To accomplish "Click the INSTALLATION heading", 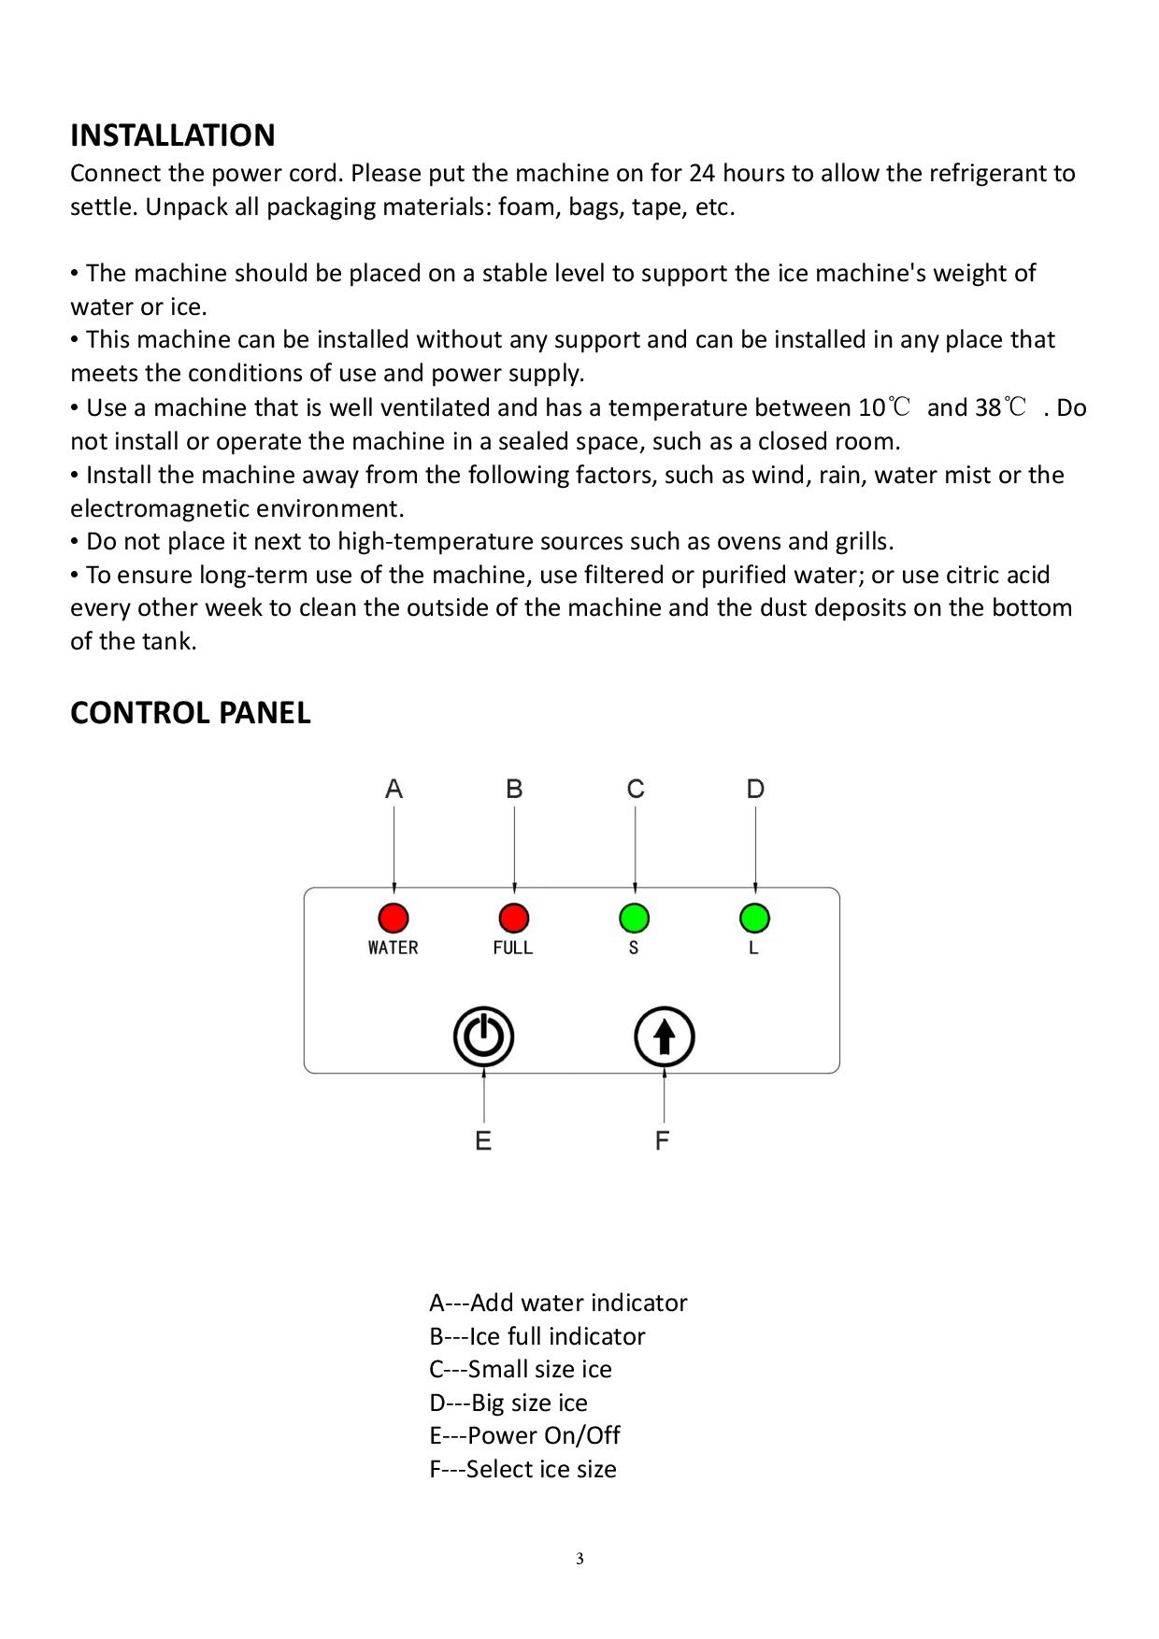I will click(173, 135).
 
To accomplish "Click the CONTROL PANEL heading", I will click(191, 713).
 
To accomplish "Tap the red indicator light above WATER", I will click(393, 919).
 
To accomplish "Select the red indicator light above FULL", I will click(514, 919).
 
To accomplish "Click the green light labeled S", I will click(634, 919).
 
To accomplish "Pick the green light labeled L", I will click(754, 919).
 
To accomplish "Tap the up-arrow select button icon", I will click(664, 1037).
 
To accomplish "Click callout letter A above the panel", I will click(393, 790).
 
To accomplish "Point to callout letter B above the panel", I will click(514, 790).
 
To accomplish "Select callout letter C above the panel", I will click(636, 790).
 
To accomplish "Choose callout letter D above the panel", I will click(755, 790).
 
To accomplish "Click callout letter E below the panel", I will click(483, 1141).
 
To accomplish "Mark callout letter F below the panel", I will click(663, 1141).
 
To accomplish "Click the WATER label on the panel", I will click(393, 948).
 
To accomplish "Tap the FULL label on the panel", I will click(513, 948).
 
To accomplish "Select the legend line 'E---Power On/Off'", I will click(524, 1435).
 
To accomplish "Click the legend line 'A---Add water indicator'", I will click(558, 1303).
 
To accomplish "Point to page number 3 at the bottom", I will click(579, 1559).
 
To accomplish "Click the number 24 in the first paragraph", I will click(702, 174).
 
